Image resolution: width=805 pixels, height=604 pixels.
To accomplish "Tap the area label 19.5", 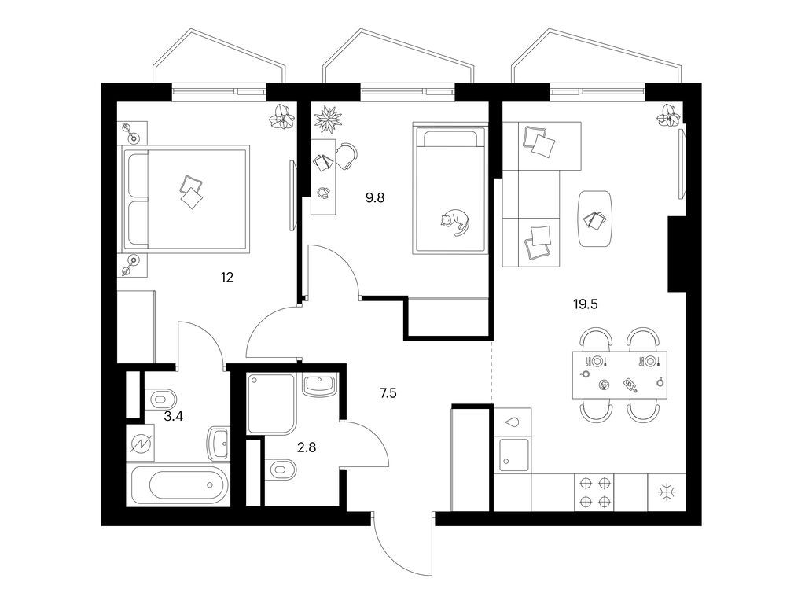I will (586, 304).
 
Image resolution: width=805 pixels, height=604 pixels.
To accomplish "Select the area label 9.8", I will (376, 199).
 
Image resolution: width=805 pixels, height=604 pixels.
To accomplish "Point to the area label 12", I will (227, 277).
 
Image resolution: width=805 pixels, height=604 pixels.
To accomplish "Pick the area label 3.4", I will (174, 417).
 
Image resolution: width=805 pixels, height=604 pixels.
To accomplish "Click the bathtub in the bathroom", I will (179, 486).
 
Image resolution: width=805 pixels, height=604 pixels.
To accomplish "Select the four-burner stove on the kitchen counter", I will (594, 494).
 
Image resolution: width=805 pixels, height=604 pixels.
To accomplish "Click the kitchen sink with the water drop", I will (513, 454).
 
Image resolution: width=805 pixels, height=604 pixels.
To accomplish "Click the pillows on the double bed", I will (191, 192).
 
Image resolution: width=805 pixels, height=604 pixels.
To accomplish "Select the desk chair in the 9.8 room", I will (346, 155).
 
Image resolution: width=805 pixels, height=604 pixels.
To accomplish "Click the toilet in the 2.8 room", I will (281, 471).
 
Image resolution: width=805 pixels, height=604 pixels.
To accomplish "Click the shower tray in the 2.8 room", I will (270, 403).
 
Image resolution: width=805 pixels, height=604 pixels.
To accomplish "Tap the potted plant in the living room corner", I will (669, 116).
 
